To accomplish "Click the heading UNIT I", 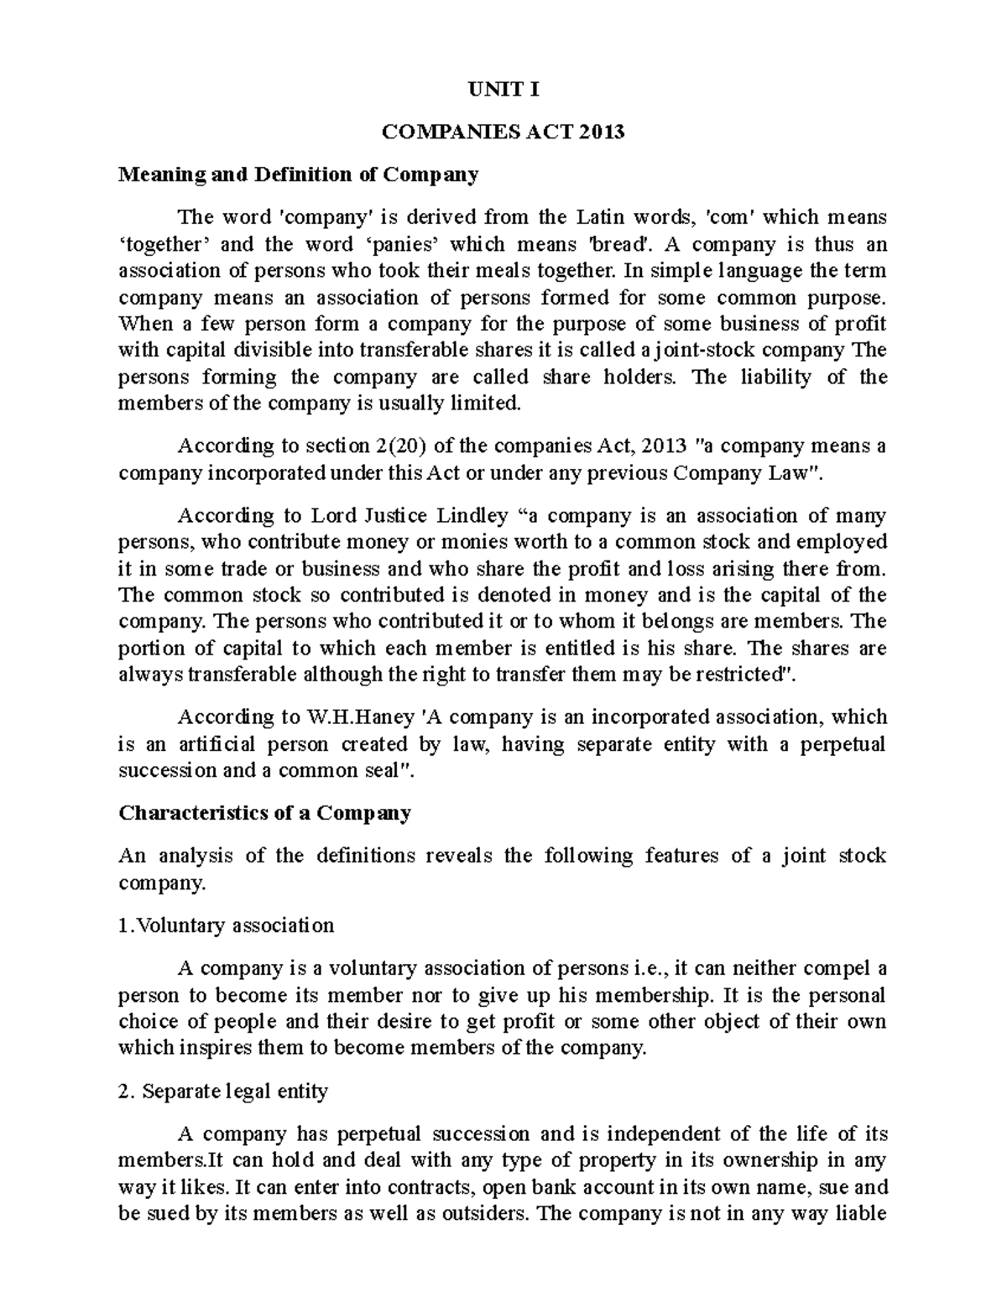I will point(503,90).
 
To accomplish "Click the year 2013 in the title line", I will point(601,132).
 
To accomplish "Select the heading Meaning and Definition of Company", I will point(298,175).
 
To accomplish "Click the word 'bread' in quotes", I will point(621,244).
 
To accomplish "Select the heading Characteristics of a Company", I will point(264,813).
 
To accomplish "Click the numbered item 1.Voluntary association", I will point(227,925).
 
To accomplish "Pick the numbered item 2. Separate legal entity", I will point(223,1092).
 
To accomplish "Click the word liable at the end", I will point(862,1214).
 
